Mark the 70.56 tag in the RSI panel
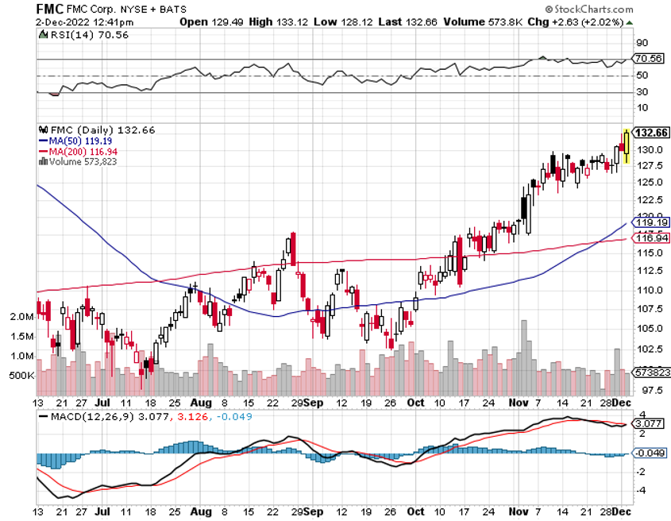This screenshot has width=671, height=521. pyautogui.click(x=649, y=58)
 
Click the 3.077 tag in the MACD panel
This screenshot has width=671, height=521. pyautogui.click(x=649, y=423)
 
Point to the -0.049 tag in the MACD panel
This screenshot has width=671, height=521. pyautogui.click(x=649, y=453)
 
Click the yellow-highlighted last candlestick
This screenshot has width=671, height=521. pyautogui.click(x=627, y=146)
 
